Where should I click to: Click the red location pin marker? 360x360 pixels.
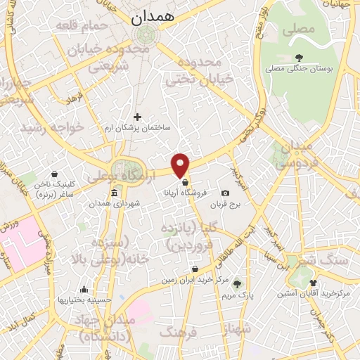click(x=181, y=165)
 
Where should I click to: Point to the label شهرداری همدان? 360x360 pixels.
click(x=114, y=203)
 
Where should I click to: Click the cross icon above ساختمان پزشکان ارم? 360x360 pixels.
click(x=137, y=117)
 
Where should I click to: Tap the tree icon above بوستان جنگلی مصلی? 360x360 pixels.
click(x=300, y=58)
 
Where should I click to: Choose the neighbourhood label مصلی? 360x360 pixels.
click(x=299, y=31)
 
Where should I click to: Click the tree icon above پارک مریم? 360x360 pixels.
click(x=237, y=285)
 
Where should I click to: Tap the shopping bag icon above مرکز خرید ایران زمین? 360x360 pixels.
click(x=195, y=269)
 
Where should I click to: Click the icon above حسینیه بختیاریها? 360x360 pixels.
click(x=84, y=289)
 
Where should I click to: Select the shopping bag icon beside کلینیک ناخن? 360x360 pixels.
click(x=54, y=174)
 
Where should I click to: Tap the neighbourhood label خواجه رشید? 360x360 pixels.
click(x=52, y=127)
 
